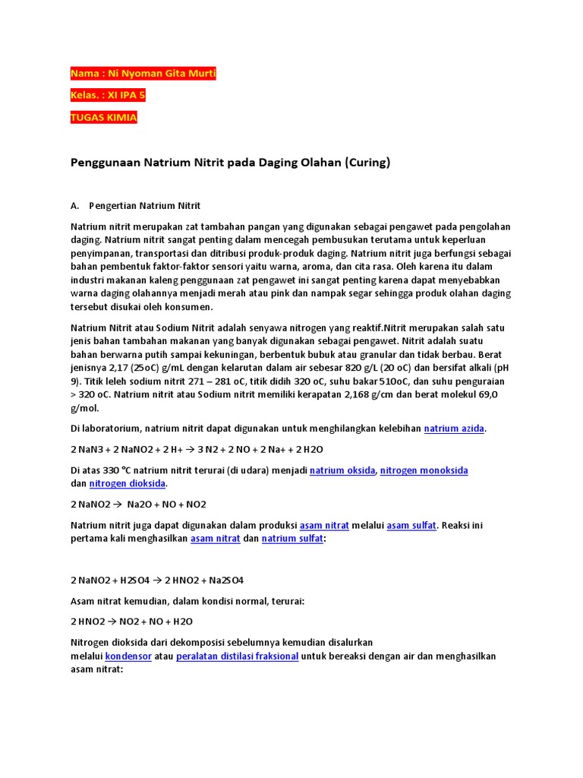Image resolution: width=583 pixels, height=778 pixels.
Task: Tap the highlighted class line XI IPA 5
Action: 126,96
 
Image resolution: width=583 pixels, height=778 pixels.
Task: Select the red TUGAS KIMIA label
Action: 104,118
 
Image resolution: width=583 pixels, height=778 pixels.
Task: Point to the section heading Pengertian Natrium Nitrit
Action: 144,206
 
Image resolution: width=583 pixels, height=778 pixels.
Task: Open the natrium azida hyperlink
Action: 454,429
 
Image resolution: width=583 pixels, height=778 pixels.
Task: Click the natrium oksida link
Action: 342,470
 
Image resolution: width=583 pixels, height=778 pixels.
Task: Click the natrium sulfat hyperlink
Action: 293,538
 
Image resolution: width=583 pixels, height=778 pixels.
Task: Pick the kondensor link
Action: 128,656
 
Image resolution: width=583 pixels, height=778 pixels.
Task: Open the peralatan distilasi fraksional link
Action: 237,656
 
